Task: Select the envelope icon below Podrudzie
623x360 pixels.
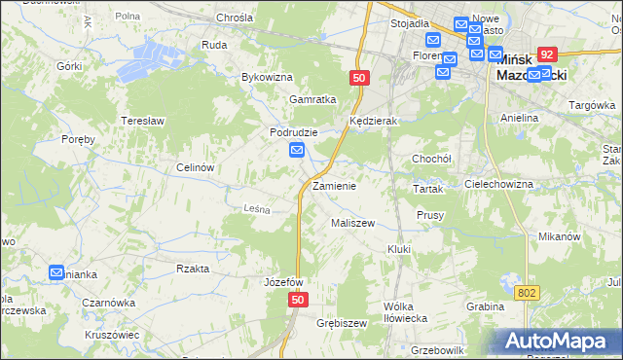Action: pos(297,150)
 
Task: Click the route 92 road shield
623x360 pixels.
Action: pos(548,55)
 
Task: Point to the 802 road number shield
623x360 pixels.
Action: pos(527,292)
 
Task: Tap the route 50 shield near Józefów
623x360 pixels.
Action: pos(298,302)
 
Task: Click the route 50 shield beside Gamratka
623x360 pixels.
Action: pos(360,77)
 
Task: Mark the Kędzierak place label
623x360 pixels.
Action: pos(370,121)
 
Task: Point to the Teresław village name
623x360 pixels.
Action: pos(139,121)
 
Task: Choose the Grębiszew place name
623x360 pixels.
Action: pos(342,323)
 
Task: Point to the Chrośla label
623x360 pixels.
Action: pos(235,18)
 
